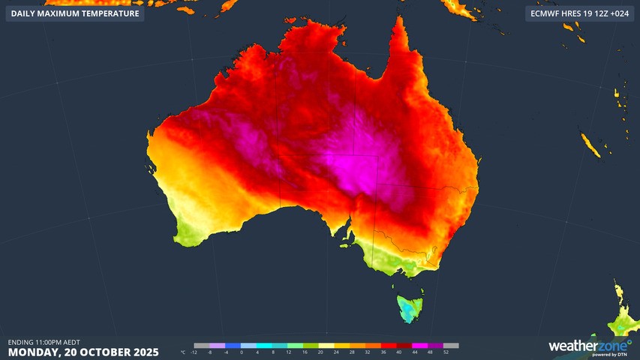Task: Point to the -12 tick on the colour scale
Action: tap(194, 352)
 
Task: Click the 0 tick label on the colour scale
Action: tap(242, 352)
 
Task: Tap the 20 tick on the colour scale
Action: tap(320, 352)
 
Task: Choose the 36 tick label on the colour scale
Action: tap(383, 352)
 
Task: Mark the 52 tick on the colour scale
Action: tap(446, 352)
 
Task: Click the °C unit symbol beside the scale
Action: tap(183, 352)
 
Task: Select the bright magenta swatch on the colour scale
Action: tap(422, 346)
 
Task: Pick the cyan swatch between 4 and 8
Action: tap(265, 346)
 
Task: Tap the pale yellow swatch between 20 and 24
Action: tap(328, 346)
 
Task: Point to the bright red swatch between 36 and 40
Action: tap(391, 346)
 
